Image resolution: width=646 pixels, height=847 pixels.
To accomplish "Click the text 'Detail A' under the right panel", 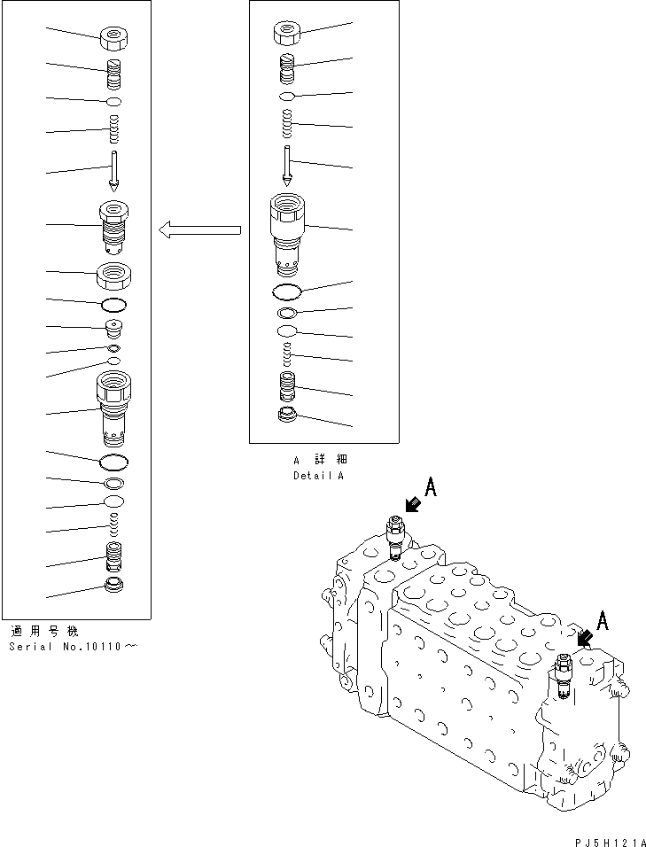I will point(318,476).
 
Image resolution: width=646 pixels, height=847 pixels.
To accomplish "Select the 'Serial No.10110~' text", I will point(73,646).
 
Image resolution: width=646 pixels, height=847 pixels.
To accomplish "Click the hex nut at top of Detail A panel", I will point(286,34).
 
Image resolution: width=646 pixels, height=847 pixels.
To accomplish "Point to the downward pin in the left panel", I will point(114,172).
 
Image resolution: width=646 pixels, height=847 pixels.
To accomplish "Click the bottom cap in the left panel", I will point(114,585).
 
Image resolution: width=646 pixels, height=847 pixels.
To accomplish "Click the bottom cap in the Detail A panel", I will point(286,416).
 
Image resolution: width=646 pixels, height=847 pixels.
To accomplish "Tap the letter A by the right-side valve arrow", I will point(603,621).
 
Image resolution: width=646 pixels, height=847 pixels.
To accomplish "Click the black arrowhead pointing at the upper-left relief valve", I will point(410,505).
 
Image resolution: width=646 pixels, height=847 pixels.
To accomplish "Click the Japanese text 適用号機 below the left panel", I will point(44,631).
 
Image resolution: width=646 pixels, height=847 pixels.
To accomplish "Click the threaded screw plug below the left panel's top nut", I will point(114,74).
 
